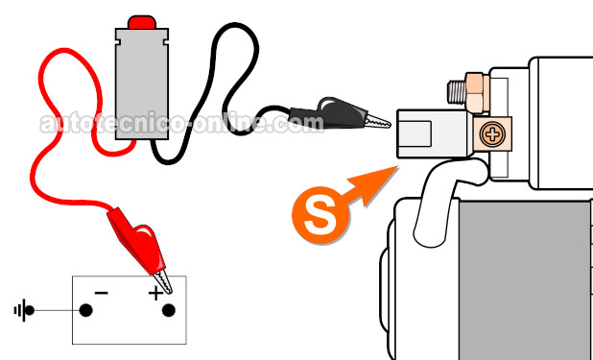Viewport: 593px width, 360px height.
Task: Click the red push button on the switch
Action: coord(142,22)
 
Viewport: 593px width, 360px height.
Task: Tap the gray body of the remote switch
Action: coord(142,84)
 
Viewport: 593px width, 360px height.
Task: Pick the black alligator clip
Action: coord(339,113)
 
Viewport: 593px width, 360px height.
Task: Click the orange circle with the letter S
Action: coord(320,215)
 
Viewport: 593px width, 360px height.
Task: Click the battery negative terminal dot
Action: coord(85,310)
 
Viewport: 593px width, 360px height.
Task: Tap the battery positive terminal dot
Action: coord(168,310)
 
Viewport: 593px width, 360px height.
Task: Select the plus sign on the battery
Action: coord(155,293)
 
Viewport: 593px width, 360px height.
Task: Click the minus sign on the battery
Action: coord(102,293)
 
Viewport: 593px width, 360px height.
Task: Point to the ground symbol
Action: coord(23,310)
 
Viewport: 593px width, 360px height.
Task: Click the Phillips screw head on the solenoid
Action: coord(492,134)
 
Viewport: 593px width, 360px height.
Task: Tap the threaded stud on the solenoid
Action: coord(457,91)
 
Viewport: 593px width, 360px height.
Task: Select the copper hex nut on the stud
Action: coord(478,93)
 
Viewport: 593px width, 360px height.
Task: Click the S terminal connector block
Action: coord(434,133)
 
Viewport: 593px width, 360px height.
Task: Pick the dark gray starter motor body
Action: coord(526,280)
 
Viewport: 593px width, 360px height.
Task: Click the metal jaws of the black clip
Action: coord(377,121)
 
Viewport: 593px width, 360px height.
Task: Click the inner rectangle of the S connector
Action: coord(415,133)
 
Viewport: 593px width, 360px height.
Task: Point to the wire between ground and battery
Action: coord(57,310)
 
